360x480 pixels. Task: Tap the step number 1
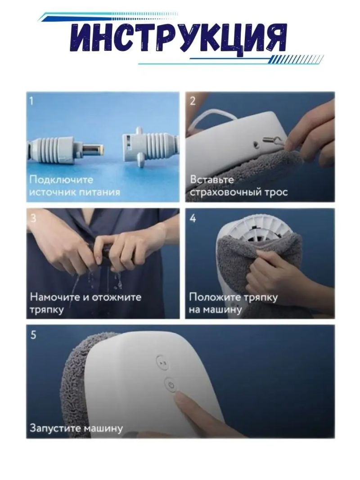tap(31, 101)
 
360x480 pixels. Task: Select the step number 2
tap(193, 101)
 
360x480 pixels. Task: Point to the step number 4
tap(193, 218)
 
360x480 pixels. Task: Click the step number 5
tap(33, 335)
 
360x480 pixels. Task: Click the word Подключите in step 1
tap(61, 179)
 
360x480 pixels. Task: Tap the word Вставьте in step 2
tap(212, 179)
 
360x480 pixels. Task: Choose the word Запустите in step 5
tap(55, 428)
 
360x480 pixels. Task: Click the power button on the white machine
tap(171, 386)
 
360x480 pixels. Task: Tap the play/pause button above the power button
tap(162, 363)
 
